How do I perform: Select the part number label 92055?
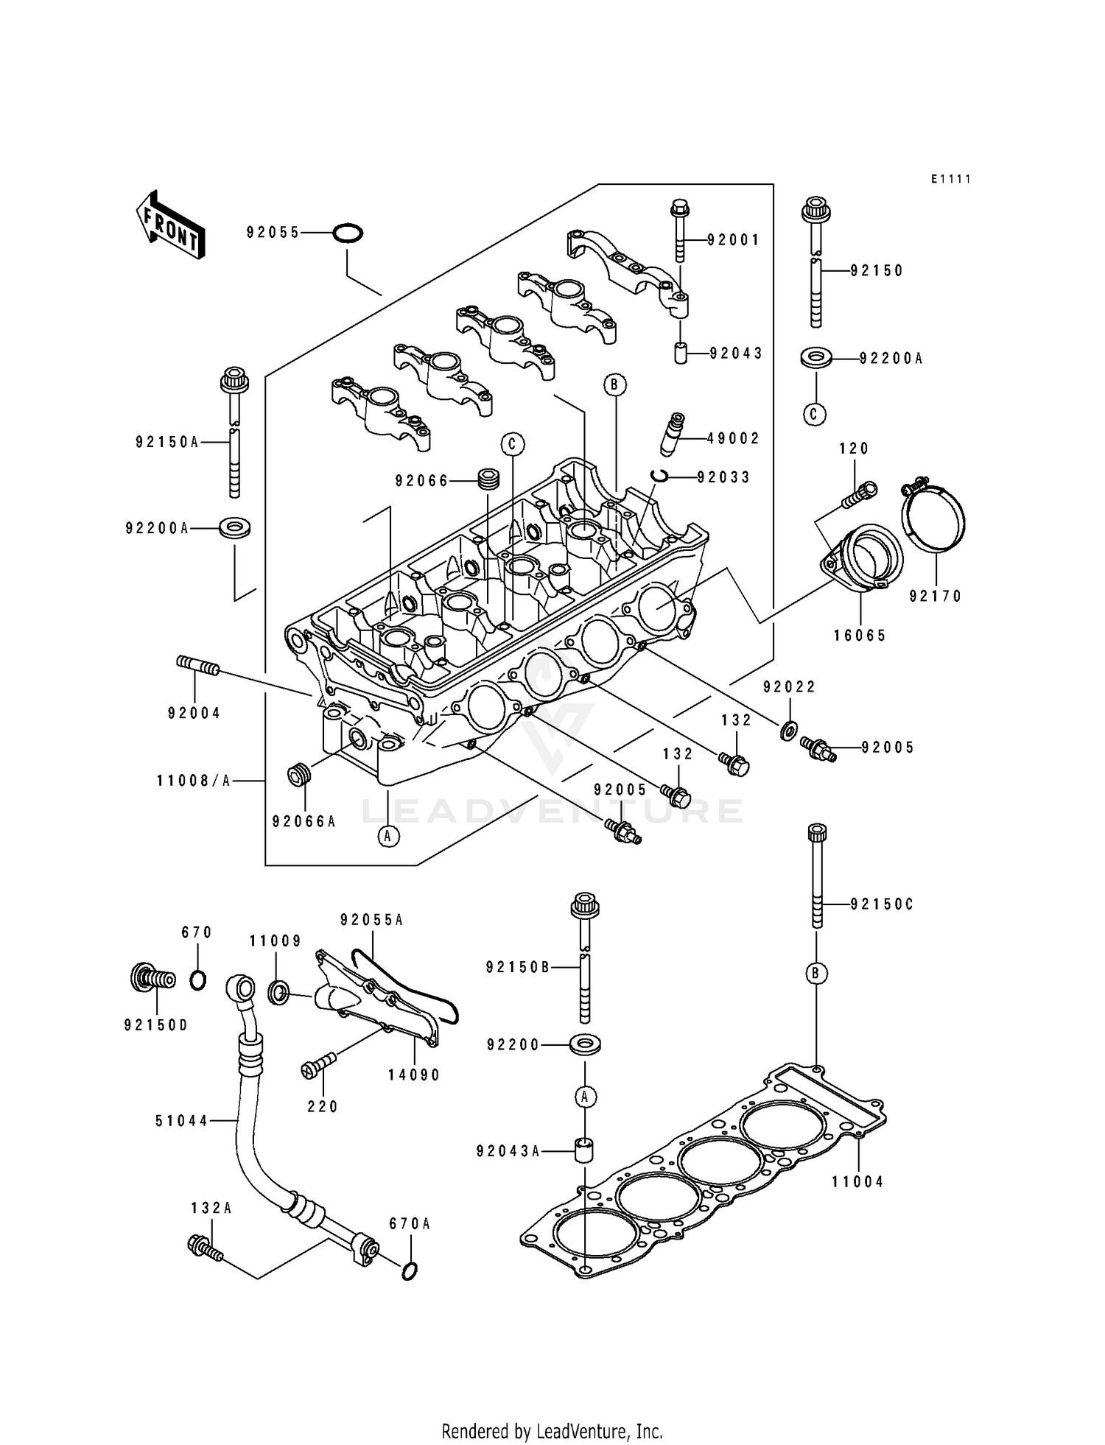click(273, 233)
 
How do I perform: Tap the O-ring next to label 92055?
click(347, 233)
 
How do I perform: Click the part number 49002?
click(733, 438)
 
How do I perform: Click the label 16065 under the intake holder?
click(860, 636)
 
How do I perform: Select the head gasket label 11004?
click(857, 1182)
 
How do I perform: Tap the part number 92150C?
click(881, 904)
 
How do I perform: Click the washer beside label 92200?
click(584, 1044)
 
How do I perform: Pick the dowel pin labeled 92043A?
click(584, 1150)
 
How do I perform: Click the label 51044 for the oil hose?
click(182, 1121)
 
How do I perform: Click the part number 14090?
click(414, 1075)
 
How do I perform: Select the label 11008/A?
click(193, 780)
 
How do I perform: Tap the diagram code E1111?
click(950, 179)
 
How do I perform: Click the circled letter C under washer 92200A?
click(813, 414)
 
